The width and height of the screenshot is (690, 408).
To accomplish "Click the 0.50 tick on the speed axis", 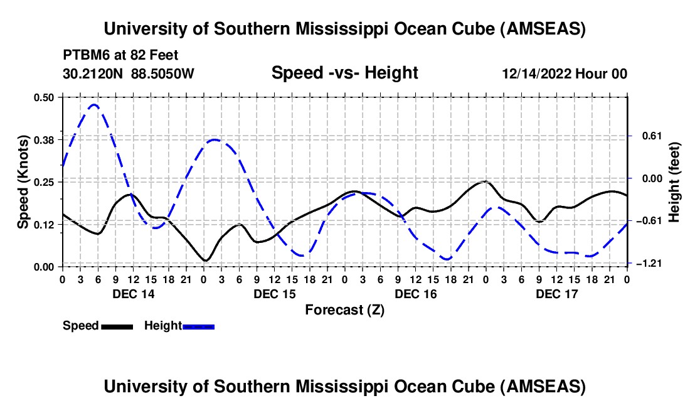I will pyautogui.click(x=44, y=97).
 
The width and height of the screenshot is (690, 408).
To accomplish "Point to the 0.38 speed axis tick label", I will pyautogui.click(x=44, y=139).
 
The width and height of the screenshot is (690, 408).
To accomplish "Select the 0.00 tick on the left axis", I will pyautogui.click(x=44, y=267).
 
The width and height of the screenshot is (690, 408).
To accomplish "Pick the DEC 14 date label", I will pyautogui.click(x=134, y=293).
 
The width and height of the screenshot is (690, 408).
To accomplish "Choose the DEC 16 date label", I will pyautogui.click(x=415, y=293).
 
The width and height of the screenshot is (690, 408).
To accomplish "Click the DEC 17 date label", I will pyautogui.click(x=556, y=293).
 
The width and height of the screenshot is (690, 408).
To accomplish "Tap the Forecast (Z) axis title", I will pyautogui.click(x=344, y=309).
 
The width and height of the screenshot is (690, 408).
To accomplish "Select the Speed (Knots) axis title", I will pyautogui.click(x=23, y=181).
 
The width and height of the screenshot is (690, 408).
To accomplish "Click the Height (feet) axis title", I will pyautogui.click(x=674, y=182).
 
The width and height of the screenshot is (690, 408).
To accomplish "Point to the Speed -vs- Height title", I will pyautogui.click(x=344, y=73).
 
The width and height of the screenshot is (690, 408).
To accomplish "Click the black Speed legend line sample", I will pyautogui.click(x=117, y=326).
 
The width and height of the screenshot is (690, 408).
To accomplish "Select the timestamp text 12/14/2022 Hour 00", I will pyautogui.click(x=564, y=74).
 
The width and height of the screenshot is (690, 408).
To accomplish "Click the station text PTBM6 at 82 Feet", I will pyautogui.click(x=121, y=55).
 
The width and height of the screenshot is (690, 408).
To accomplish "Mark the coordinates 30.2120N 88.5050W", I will pyautogui.click(x=129, y=74).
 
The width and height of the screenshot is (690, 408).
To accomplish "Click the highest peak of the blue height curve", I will pyautogui.click(x=94, y=105).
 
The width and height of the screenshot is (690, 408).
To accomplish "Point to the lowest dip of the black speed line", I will pyautogui.click(x=205, y=260).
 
